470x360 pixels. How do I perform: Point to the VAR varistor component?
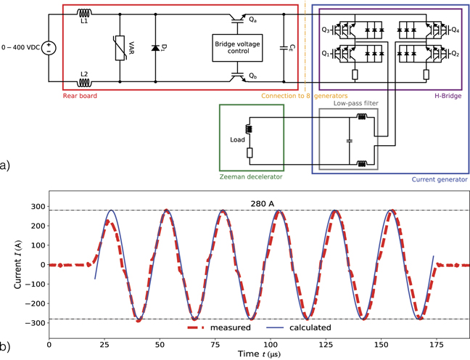click(119, 47)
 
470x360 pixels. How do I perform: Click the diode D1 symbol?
click(154, 48)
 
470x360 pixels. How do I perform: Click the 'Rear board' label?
click(80, 95)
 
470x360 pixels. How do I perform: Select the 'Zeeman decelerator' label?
click(251, 176)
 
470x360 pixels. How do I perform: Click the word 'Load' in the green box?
click(237, 140)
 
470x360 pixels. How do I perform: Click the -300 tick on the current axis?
click(32, 321)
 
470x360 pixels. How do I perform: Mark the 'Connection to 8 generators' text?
click(305, 96)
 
